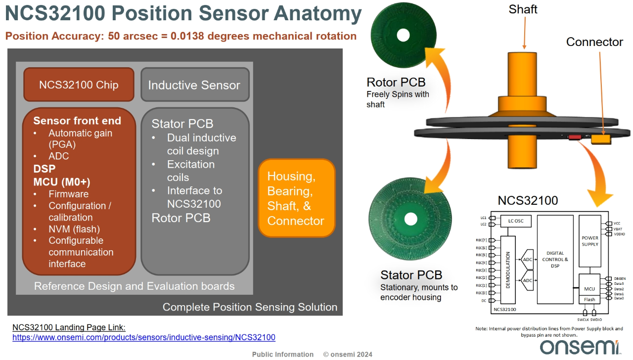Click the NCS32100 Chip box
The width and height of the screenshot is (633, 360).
click(x=79, y=85)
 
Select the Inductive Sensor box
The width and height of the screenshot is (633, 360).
click(x=195, y=85)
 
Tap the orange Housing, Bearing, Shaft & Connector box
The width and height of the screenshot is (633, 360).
click(x=297, y=198)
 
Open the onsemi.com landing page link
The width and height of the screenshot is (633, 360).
click(x=144, y=337)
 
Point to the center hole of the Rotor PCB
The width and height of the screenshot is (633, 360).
click(x=403, y=35)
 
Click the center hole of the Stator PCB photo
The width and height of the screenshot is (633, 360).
click(x=410, y=219)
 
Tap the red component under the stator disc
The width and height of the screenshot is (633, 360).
click(x=575, y=137)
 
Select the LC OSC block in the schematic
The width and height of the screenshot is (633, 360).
click(x=516, y=221)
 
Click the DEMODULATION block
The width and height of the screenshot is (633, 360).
click(x=508, y=270)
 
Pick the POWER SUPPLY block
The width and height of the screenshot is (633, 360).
click(x=590, y=241)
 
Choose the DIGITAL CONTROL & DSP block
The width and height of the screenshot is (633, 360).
click(x=555, y=260)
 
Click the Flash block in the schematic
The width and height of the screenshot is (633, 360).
click(x=589, y=300)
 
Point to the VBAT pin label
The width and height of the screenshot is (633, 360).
click(x=618, y=229)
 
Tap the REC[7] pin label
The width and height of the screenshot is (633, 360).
click(x=481, y=240)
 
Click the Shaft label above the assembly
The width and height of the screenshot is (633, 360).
click(x=523, y=9)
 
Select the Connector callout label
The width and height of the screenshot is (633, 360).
click(x=594, y=42)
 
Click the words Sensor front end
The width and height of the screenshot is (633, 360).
click(x=77, y=121)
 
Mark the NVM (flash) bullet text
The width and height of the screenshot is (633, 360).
click(x=74, y=229)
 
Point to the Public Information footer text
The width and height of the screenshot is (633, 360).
click(x=283, y=355)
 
